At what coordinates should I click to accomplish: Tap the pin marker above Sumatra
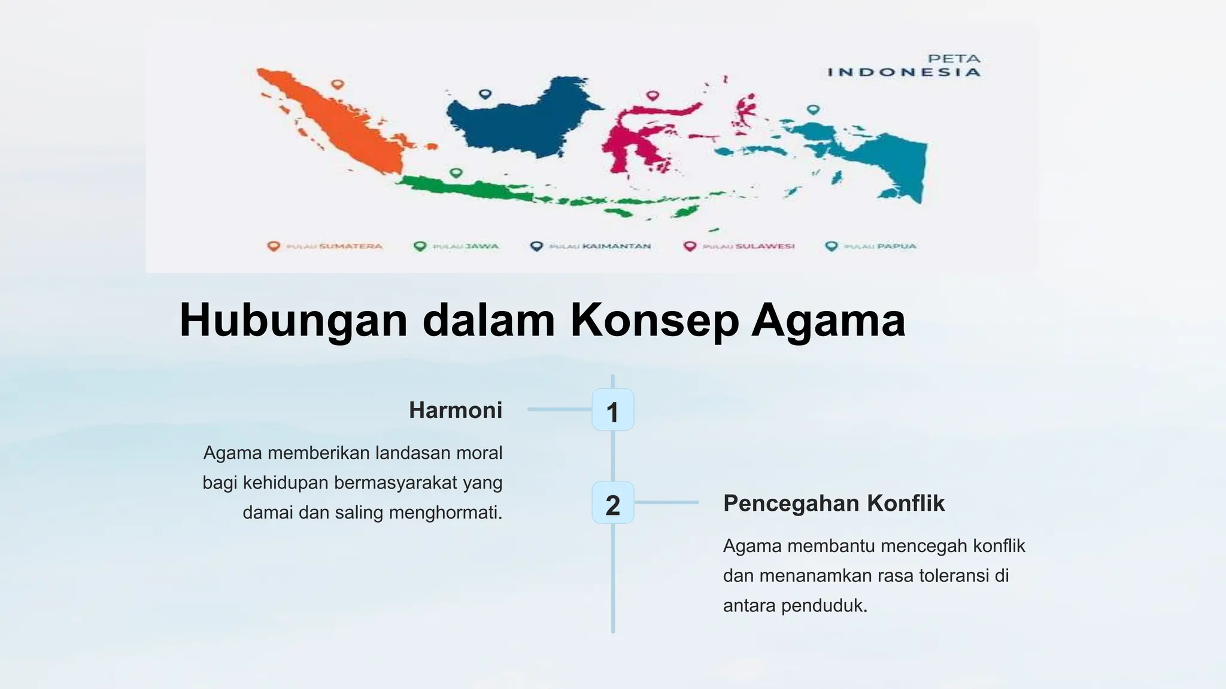338,84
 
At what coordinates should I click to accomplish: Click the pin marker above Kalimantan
485,94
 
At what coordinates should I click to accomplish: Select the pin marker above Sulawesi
653,95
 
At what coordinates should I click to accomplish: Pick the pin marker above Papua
812,109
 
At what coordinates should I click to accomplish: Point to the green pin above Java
456,173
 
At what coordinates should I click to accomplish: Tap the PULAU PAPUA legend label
880,246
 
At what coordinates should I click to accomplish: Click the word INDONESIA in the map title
904,72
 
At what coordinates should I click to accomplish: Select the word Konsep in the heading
653,321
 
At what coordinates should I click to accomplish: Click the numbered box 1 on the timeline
612,410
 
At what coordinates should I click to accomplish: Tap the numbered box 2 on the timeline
612,504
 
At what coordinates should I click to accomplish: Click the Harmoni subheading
456,410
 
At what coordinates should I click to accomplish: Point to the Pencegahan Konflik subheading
833,504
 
